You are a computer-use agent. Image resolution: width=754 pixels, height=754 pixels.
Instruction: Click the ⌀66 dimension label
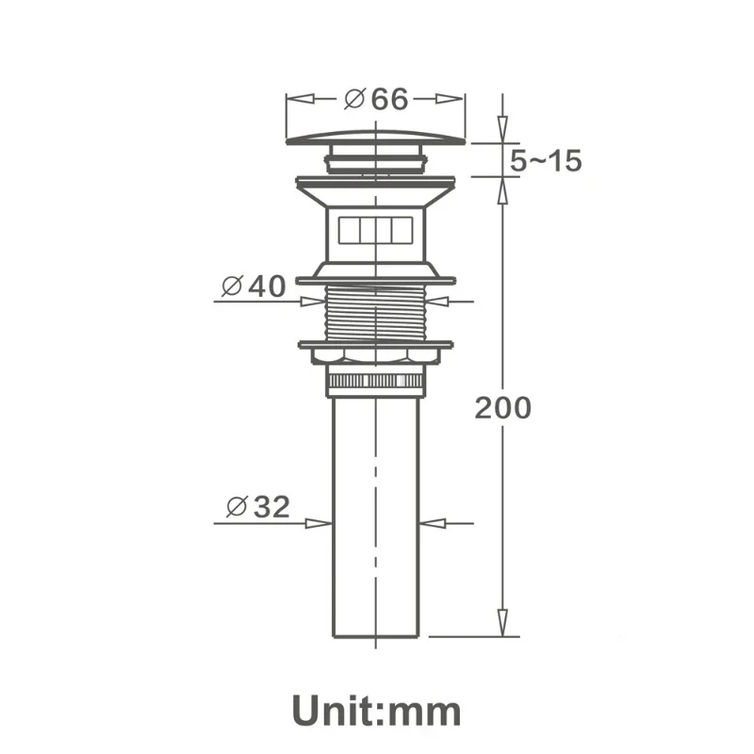click(376, 98)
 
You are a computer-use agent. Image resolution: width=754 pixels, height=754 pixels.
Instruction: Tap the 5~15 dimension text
click(546, 161)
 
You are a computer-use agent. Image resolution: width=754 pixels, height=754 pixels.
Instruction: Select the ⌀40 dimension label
click(253, 286)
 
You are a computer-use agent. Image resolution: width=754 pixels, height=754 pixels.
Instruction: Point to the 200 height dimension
click(502, 408)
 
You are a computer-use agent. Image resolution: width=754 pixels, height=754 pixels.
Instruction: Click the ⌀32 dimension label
click(258, 507)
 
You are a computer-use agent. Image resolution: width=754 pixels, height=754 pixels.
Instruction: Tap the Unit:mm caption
click(376, 709)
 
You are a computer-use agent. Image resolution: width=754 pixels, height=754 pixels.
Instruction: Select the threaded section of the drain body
click(376, 313)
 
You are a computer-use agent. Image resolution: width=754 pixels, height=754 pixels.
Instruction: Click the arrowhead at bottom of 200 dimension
click(502, 623)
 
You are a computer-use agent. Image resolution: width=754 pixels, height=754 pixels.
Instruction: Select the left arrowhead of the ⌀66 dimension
click(299, 98)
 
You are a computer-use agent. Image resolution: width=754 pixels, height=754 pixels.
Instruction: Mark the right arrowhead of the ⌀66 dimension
click(452, 98)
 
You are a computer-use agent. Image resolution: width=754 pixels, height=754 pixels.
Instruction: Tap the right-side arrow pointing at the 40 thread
click(440, 302)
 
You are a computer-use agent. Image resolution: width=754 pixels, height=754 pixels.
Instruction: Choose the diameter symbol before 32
click(236, 507)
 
